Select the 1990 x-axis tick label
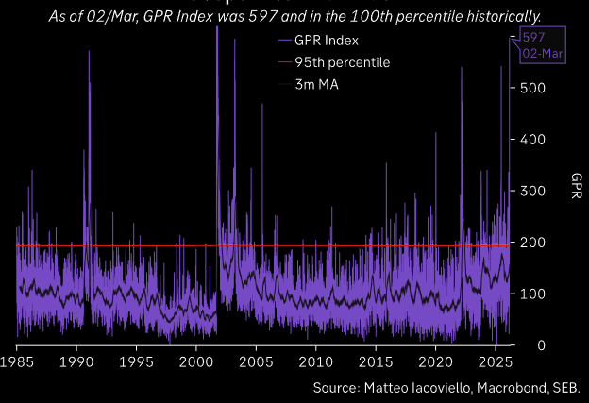coord(76,362)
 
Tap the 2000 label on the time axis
coord(196,362)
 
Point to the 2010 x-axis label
coord(316,362)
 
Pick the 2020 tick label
coord(436,362)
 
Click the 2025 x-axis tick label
coord(496,362)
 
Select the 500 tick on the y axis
coord(533,88)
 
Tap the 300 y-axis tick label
coord(533,191)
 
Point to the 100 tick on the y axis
coord(533,294)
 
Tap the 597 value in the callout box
coord(533,37)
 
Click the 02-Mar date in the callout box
coord(543,54)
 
